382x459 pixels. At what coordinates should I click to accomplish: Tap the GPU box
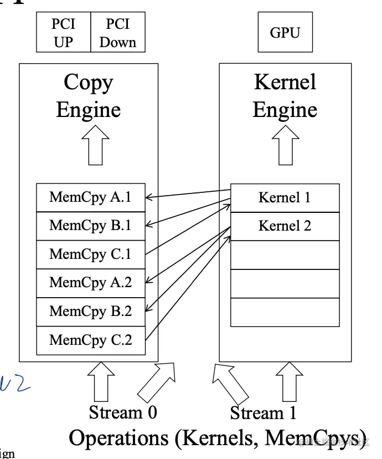285,33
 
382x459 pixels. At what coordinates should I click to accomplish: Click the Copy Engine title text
89,96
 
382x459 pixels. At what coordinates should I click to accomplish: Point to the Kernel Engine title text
285,96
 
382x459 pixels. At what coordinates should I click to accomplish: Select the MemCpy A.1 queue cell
91,197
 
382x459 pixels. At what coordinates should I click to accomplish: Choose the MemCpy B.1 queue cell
91,226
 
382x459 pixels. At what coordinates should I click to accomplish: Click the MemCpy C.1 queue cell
91,254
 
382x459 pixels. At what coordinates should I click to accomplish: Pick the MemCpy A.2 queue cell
91,283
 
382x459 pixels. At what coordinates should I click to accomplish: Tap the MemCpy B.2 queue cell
91,312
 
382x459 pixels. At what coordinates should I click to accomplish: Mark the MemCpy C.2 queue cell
91,340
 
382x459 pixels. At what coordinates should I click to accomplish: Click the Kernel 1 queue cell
285,198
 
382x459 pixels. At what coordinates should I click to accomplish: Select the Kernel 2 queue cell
285,226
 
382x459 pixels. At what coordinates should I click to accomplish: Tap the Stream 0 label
123,413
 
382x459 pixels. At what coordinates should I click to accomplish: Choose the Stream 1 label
263,414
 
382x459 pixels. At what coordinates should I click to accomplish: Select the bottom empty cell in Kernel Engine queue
285,313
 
